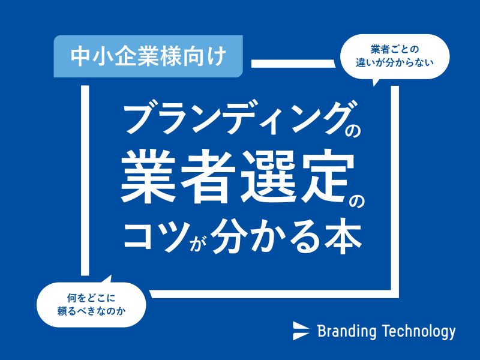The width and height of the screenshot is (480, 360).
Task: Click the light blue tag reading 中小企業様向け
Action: tap(148, 56)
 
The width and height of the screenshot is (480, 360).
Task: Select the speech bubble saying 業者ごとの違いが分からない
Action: tap(395, 57)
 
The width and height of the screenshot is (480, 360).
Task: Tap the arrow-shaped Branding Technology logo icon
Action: tap(301, 331)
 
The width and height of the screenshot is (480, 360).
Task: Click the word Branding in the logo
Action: tap(347, 331)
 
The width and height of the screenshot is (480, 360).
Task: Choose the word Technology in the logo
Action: tap(419, 331)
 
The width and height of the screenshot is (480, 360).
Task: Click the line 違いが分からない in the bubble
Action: tap(395, 63)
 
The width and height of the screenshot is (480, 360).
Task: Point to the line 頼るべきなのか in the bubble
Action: tap(91, 311)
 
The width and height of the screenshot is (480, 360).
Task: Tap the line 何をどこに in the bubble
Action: tap(91, 298)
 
